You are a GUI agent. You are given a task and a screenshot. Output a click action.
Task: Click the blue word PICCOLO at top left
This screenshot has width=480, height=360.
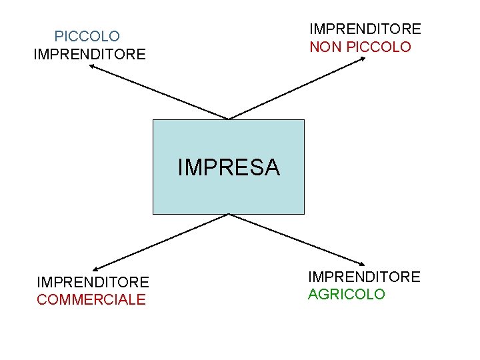click(87, 36)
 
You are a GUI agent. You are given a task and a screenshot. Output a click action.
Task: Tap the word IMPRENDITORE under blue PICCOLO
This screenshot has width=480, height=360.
click(89, 54)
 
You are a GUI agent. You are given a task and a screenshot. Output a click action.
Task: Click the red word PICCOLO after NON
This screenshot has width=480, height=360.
click(379, 47)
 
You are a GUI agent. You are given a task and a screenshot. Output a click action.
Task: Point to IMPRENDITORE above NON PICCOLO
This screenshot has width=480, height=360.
click(365, 29)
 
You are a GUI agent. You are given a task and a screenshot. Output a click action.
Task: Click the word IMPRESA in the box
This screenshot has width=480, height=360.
click(229, 167)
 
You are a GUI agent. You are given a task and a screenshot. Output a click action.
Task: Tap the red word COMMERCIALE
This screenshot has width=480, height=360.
click(91, 300)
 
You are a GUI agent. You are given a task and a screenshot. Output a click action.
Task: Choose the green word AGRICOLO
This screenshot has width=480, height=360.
click(347, 295)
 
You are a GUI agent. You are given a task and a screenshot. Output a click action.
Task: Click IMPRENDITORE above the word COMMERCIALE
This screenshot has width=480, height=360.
click(93, 283)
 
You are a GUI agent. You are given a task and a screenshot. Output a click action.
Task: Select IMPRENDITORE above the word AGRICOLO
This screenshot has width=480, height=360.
click(364, 277)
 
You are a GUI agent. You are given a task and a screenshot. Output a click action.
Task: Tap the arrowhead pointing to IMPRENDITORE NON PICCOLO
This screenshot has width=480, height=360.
click(363, 59)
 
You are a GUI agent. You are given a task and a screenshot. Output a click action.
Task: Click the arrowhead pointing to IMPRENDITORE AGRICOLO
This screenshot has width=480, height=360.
click(362, 262)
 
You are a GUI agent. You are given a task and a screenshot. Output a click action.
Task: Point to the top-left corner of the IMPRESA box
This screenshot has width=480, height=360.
click(153, 120)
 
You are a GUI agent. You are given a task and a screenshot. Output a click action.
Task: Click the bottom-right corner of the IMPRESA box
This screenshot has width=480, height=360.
click(304, 214)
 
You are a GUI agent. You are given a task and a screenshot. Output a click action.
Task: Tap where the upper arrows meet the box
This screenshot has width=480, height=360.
click(229, 120)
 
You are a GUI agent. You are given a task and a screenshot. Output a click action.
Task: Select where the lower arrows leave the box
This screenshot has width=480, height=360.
click(229, 214)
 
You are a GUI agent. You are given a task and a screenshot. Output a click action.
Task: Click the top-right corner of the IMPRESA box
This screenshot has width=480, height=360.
click(304, 120)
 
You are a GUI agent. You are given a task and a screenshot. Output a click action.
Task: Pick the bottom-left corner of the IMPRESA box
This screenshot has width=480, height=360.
click(153, 214)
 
